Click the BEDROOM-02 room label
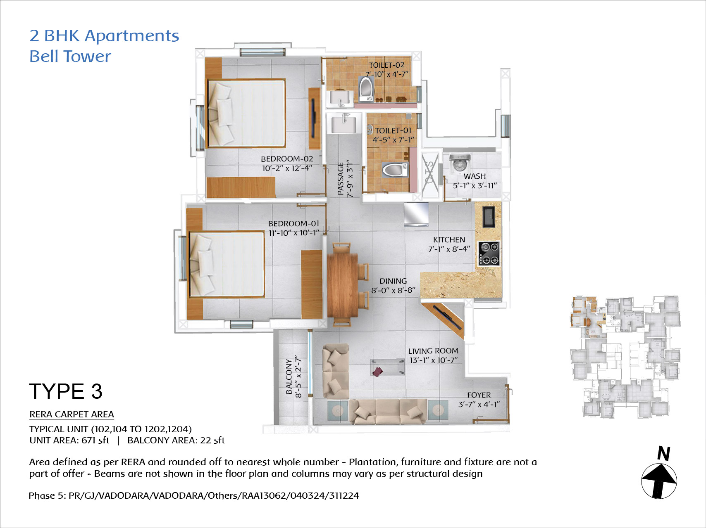click(x=287, y=159)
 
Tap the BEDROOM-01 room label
click(x=293, y=223)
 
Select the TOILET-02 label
click(x=386, y=65)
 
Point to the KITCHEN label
click(x=449, y=240)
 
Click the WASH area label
click(x=475, y=176)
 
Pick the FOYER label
click(x=479, y=395)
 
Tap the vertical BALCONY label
click(x=289, y=376)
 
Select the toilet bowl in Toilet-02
click(x=365, y=88)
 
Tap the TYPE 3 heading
click(x=66, y=391)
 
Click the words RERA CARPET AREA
click(x=72, y=414)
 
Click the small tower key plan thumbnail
click(x=625, y=357)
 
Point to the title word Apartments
click(x=132, y=36)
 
